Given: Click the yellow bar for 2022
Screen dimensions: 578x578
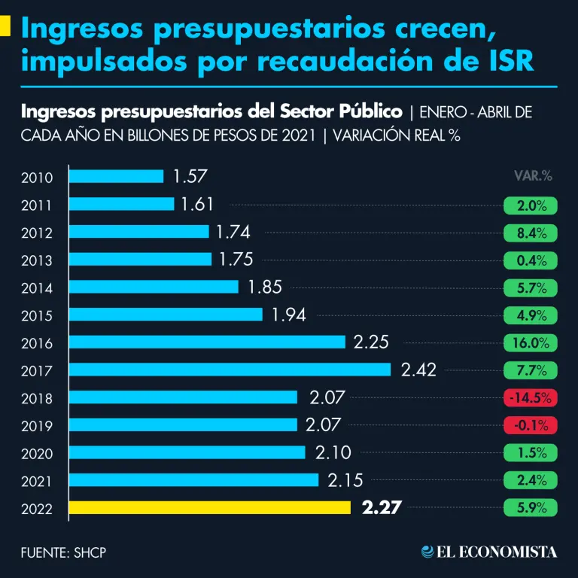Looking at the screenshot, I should tap(210, 508).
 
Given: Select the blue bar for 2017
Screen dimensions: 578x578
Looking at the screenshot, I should tap(230, 370).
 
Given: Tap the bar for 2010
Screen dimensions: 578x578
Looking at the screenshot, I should tap(117, 177).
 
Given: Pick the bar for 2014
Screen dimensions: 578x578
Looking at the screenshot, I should tap(154, 287).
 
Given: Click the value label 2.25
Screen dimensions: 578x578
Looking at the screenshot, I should tap(371, 342).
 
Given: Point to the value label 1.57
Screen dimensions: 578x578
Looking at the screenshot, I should tap(190, 177).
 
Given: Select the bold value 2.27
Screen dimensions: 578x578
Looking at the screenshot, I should tap(382, 507).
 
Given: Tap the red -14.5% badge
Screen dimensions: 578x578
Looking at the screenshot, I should tap(531, 397).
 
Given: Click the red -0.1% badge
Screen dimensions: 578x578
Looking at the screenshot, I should tap(531, 424).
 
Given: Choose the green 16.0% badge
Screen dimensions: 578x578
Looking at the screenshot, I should tap(531, 342).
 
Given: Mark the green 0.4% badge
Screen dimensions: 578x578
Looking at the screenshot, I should tap(531, 260).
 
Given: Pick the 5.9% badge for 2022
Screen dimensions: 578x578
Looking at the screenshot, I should tap(531, 507).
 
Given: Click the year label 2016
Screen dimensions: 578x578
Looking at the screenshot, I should tap(37, 343).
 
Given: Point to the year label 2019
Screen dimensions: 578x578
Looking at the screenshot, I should tap(37, 426).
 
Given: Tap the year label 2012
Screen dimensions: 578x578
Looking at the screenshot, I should tap(37, 233).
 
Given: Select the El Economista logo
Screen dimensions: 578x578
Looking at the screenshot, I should tap(489, 552).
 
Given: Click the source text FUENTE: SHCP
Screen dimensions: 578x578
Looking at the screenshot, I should tap(64, 552).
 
